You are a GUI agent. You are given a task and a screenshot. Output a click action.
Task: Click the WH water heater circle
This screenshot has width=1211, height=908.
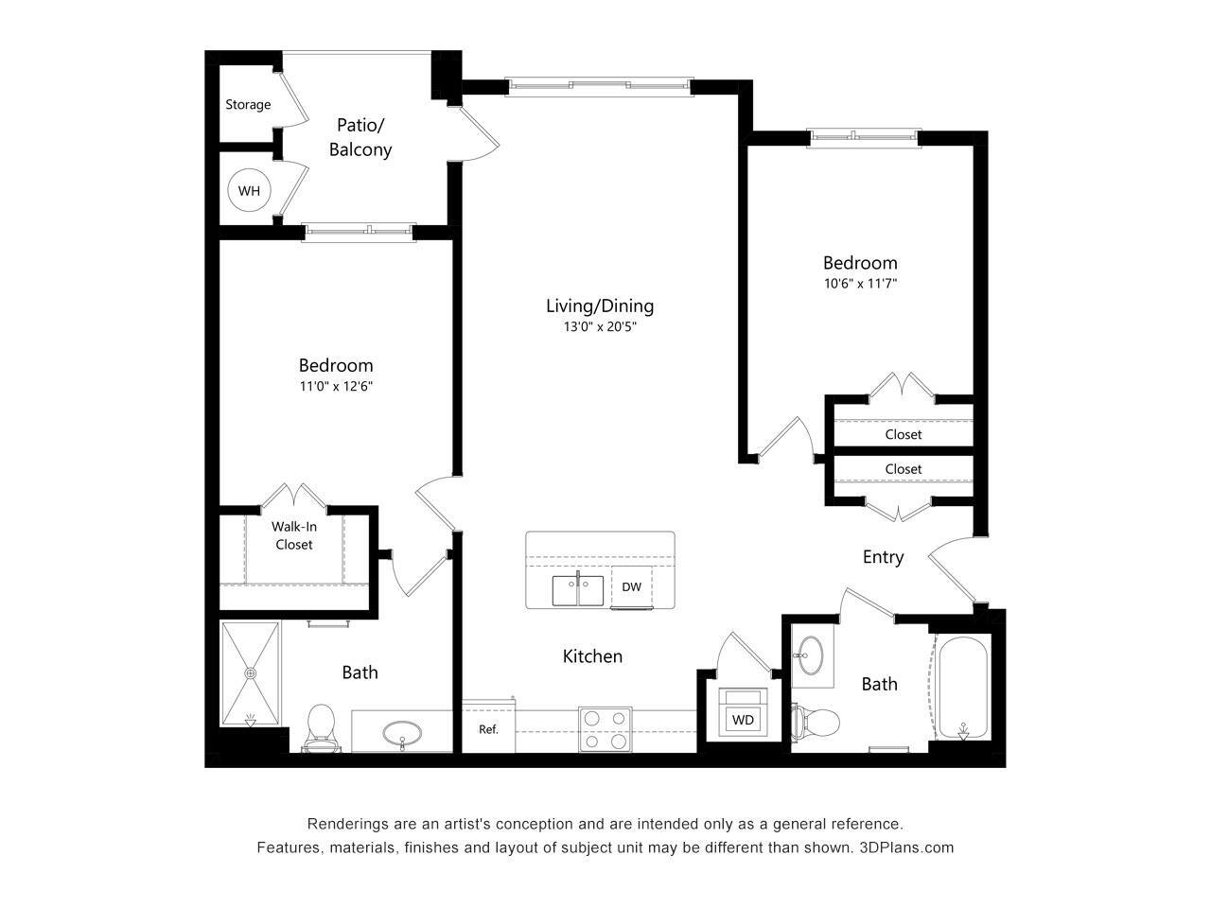pos(249,191)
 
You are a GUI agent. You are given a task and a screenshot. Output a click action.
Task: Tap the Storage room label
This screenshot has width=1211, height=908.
pos(248,105)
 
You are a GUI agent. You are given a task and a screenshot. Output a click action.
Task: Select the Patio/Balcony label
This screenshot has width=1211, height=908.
pos(360,137)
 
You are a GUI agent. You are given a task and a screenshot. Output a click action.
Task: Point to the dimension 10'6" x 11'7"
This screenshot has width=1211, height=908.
pos(859,283)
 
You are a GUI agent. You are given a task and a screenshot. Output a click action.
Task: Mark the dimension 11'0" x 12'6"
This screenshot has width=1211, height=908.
pos(336,386)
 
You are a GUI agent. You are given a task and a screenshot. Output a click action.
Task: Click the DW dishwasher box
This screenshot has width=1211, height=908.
pos(632,587)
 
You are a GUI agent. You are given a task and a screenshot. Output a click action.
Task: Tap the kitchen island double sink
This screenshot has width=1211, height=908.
pos(578,590)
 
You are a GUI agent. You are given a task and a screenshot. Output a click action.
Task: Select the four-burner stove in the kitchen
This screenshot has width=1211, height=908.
pos(605,729)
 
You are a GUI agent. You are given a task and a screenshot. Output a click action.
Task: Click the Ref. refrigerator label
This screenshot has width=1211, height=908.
pos(488,729)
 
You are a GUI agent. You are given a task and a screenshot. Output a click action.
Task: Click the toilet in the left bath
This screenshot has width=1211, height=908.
pos(322,726)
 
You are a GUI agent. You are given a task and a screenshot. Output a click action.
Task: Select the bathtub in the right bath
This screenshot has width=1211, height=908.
pos(962,689)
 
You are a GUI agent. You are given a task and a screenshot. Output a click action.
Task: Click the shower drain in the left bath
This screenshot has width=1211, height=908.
pos(251,673)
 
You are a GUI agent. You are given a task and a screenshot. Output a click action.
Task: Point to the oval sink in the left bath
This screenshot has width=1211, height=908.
pos(404,732)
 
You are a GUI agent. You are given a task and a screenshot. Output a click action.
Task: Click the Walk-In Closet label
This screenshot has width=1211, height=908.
pos(293,535)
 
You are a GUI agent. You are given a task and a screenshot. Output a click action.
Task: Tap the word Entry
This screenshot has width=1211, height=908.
pos(883,557)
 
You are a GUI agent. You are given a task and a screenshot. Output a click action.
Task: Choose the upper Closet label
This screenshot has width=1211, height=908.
pos(904,434)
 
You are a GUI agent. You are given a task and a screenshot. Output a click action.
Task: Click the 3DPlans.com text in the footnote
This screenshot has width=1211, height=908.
pos(906,847)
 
